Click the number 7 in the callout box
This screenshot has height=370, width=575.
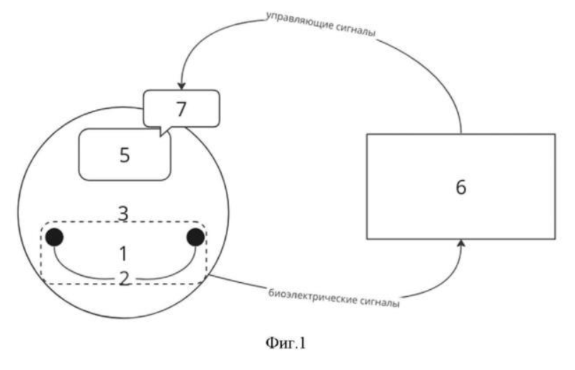[x=181, y=109]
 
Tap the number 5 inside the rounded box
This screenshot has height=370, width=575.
[x=125, y=155]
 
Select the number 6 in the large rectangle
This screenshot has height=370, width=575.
[x=461, y=187]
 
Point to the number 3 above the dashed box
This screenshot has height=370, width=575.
[x=124, y=213]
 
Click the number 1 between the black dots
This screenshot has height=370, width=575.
[x=124, y=254]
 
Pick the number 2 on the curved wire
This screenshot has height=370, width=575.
[x=125, y=279]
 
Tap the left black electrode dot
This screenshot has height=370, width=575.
[x=55, y=237]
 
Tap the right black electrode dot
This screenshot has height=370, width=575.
[x=195, y=237]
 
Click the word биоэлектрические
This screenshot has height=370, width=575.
[x=312, y=297]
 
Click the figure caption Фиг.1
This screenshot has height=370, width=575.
[x=285, y=343]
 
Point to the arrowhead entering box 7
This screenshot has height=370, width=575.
[x=181, y=86]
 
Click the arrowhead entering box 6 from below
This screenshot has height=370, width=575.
[x=462, y=244]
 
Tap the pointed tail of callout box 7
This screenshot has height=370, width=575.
[x=161, y=136]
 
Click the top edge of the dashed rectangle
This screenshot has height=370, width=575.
[x=124, y=222]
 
